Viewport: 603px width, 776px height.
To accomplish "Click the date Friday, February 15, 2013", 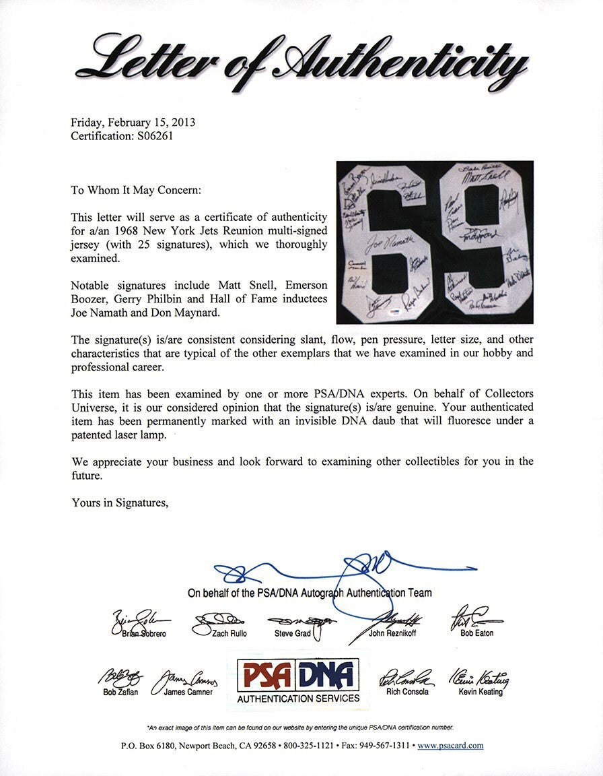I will click(133, 123).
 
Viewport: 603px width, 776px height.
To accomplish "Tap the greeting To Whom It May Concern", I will click(135, 191).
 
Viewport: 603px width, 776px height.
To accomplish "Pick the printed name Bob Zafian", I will click(121, 692).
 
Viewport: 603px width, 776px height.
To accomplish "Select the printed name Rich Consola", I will click(405, 692).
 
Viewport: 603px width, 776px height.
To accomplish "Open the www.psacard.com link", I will click(450, 746).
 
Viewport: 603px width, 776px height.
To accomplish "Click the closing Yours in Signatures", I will click(120, 502).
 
